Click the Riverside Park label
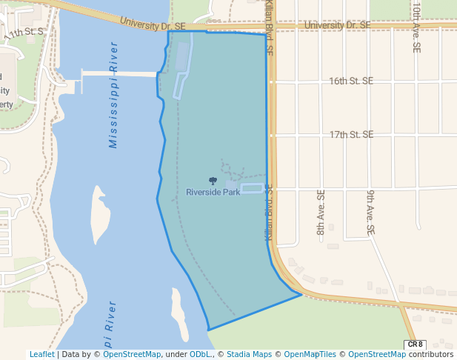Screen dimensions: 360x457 (x=213, y=192)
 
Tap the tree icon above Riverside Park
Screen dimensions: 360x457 (x=213, y=180)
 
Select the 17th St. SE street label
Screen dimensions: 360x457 (x=351, y=135)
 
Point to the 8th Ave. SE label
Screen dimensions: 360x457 (x=321, y=212)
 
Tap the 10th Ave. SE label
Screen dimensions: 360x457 (x=417, y=26)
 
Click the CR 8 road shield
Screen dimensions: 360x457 (x=416, y=344)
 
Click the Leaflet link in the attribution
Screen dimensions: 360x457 (x=41, y=354)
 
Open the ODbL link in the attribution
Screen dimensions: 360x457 (x=200, y=354)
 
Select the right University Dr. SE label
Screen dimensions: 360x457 (x=337, y=25)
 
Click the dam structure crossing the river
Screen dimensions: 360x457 (x=119, y=74)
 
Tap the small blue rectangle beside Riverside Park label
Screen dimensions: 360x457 (x=252, y=189)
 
